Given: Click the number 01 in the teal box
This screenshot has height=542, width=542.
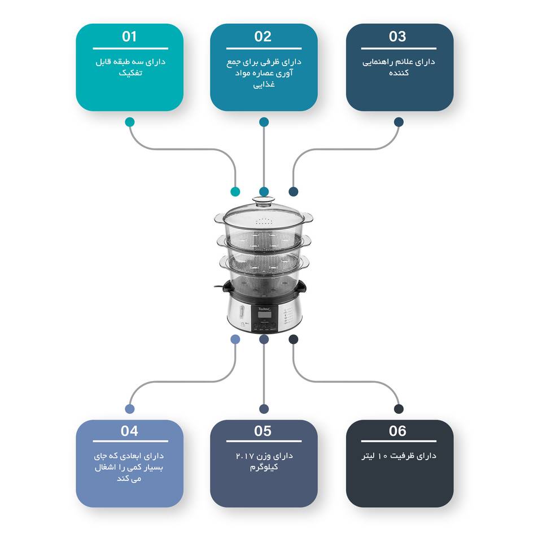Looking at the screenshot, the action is (x=129, y=36).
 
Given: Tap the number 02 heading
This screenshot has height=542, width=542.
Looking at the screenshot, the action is (x=263, y=36).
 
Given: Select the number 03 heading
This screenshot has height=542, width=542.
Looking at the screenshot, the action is (x=397, y=36).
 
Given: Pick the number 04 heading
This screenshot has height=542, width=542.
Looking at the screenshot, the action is (x=129, y=431).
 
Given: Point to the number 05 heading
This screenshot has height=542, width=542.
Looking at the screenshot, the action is (x=263, y=431).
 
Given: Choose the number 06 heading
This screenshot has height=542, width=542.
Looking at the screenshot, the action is (x=397, y=431).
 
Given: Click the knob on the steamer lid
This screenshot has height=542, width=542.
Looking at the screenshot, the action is (x=264, y=200).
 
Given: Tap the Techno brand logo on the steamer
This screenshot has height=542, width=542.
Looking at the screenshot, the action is (x=264, y=309).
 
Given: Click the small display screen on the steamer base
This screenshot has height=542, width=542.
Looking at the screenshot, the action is (x=264, y=314).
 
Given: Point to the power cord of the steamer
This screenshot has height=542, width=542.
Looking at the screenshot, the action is (x=218, y=287).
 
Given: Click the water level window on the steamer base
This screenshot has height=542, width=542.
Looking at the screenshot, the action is (x=241, y=312).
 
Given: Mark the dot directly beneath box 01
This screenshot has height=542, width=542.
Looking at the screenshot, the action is (x=130, y=122).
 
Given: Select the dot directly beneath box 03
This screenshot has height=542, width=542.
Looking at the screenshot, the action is (x=399, y=122).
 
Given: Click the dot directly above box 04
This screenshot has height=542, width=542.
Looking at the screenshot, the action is (x=130, y=409).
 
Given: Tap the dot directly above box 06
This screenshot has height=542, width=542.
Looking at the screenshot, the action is (x=399, y=409).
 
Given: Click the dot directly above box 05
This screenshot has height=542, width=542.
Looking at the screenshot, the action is (x=264, y=409).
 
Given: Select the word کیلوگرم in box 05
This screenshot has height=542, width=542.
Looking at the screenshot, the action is (x=264, y=467).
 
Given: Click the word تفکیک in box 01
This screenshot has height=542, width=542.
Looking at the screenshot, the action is (x=130, y=73).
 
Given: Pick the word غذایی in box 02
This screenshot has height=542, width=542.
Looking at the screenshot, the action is (x=264, y=84).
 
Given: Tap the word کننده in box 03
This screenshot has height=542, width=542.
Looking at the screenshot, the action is (x=399, y=73).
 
